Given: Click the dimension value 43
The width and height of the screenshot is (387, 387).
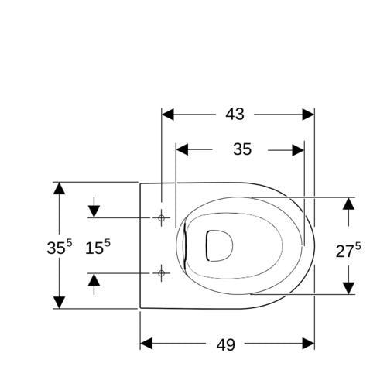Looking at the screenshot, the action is point(235,114).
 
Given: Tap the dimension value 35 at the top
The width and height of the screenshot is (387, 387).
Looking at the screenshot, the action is point(242,149).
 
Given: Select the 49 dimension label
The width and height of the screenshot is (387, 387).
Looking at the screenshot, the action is point(225,344).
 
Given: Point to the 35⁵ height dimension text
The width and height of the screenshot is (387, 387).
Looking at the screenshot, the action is point(60,247).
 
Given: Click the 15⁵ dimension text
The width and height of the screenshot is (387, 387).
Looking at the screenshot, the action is point(98,247).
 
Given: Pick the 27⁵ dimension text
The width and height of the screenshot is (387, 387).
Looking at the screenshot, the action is point(348,250).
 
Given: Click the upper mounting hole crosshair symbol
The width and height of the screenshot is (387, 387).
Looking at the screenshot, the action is point(161,218).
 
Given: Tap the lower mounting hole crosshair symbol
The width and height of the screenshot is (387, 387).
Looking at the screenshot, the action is point(161,273).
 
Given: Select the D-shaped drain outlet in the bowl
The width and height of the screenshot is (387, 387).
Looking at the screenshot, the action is point(219,245).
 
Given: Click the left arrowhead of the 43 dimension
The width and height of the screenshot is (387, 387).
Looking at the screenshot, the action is point(168,115).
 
